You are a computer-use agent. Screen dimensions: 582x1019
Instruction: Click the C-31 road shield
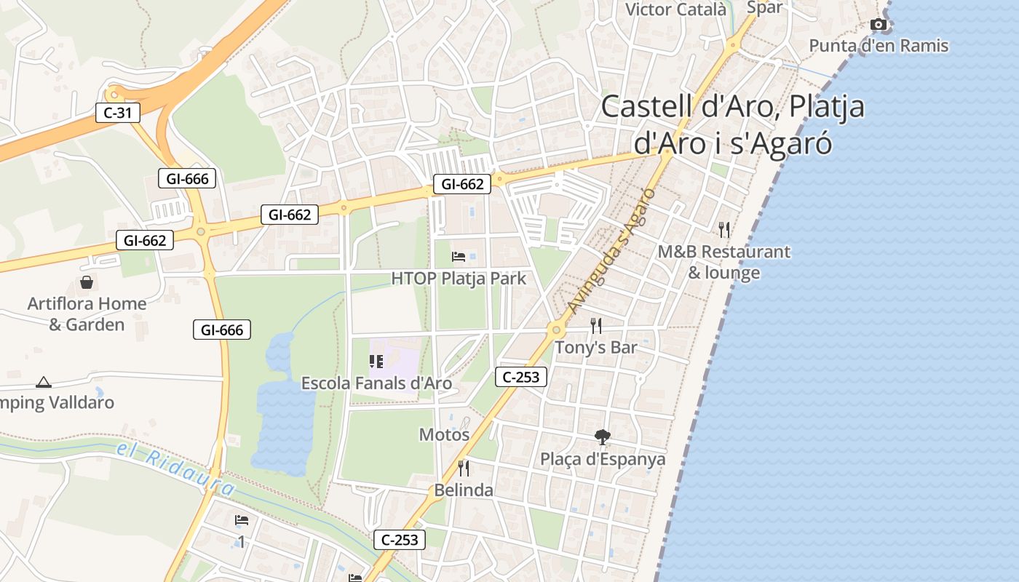(x=117, y=113)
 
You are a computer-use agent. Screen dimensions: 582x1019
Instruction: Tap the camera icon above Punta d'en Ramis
(x=879, y=25)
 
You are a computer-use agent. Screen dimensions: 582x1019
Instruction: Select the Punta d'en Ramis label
(x=879, y=46)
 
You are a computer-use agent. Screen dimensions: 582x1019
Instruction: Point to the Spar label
(x=764, y=8)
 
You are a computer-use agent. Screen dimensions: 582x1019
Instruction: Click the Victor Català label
(x=675, y=9)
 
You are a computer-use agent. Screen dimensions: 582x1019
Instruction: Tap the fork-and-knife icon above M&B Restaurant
(x=723, y=230)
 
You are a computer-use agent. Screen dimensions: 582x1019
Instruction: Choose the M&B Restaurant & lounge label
(x=723, y=262)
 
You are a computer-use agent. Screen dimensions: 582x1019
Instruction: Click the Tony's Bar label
(x=596, y=348)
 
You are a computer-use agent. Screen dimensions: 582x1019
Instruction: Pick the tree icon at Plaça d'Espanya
(x=602, y=437)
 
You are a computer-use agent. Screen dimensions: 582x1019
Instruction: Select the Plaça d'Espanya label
(x=603, y=460)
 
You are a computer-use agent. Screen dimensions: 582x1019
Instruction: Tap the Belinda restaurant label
(x=464, y=490)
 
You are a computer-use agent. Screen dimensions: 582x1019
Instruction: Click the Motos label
(x=444, y=435)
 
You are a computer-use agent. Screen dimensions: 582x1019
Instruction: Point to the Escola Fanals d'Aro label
(x=376, y=383)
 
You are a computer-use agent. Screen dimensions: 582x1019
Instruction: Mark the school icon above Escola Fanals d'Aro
(x=376, y=361)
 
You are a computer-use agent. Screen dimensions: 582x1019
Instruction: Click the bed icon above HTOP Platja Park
(x=459, y=256)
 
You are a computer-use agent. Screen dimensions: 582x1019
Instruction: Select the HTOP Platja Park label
(x=459, y=279)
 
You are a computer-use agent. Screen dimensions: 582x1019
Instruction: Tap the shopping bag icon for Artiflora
(x=87, y=282)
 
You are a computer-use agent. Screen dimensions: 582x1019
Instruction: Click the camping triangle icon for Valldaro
(x=44, y=382)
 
